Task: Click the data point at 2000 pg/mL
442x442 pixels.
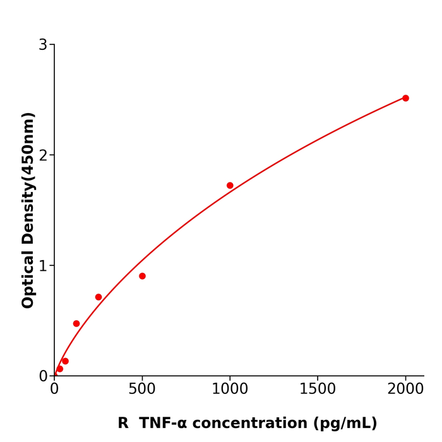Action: [405, 98]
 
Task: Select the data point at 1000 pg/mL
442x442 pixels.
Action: [230, 186]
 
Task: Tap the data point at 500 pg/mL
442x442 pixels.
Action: [142, 276]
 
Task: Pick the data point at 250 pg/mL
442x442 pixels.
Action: [99, 297]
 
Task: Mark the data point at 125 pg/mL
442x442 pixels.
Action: [76, 323]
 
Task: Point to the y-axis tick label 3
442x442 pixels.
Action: [43, 45]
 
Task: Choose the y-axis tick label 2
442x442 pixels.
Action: [43, 155]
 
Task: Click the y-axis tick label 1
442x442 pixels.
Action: [43, 266]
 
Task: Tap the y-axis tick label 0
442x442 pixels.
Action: [43, 376]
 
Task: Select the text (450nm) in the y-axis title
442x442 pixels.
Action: [28, 146]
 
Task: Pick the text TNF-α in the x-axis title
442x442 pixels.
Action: [162, 424]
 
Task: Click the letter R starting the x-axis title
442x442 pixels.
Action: [123, 424]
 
